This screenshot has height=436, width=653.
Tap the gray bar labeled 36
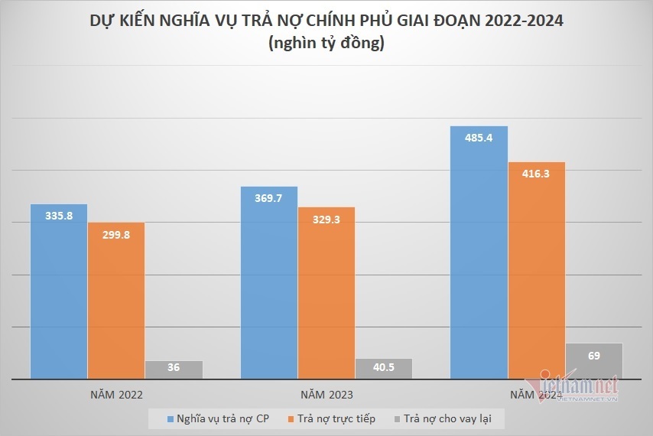(174, 369)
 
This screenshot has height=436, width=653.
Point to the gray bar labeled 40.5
(384, 369)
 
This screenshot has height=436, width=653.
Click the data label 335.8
(59, 216)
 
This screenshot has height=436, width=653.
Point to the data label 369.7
(268, 198)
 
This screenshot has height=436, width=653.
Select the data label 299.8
(115, 235)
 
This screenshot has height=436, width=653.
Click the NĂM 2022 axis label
(116, 395)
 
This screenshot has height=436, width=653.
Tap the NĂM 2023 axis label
(326, 395)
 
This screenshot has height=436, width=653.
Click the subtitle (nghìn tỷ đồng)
(326, 44)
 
